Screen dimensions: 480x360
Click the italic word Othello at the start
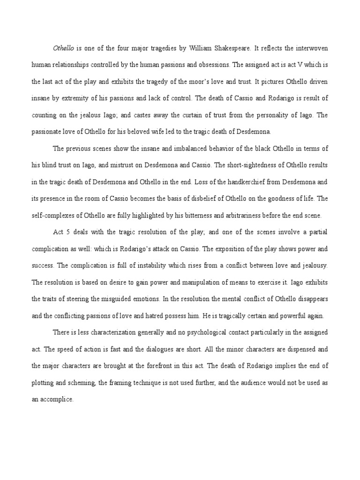click(64, 47)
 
